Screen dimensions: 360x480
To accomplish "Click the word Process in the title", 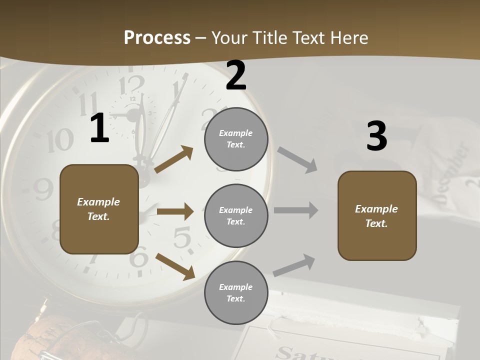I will click(x=157, y=37).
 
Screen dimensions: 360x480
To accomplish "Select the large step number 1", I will click(x=99, y=128).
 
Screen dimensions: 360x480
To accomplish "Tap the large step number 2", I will click(x=236, y=75).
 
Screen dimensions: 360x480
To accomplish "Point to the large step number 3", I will click(x=376, y=136).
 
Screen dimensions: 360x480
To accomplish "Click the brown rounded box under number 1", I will click(x=99, y=209).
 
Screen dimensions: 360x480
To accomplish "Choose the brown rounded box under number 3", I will click(x=377, y=215).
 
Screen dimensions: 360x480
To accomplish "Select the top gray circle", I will click(x=236, y=139).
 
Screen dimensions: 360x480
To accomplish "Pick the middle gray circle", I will click(x=236, y=215).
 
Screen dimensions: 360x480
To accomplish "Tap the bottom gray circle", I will click(x=236, y=292).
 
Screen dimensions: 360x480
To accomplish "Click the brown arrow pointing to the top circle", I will click(x=174, y=159).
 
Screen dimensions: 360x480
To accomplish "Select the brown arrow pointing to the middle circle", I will click(x=175, y=211).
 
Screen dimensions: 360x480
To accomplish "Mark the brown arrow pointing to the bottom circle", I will click(x=175, y=266).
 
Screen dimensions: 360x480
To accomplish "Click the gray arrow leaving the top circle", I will click(x=297, y=159).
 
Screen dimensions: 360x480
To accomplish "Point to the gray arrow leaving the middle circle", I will click(x=296, y=210).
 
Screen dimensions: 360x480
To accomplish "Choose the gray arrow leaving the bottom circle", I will click(x=294, y=265).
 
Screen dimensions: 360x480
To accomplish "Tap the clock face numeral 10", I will click(x=60, y=139).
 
